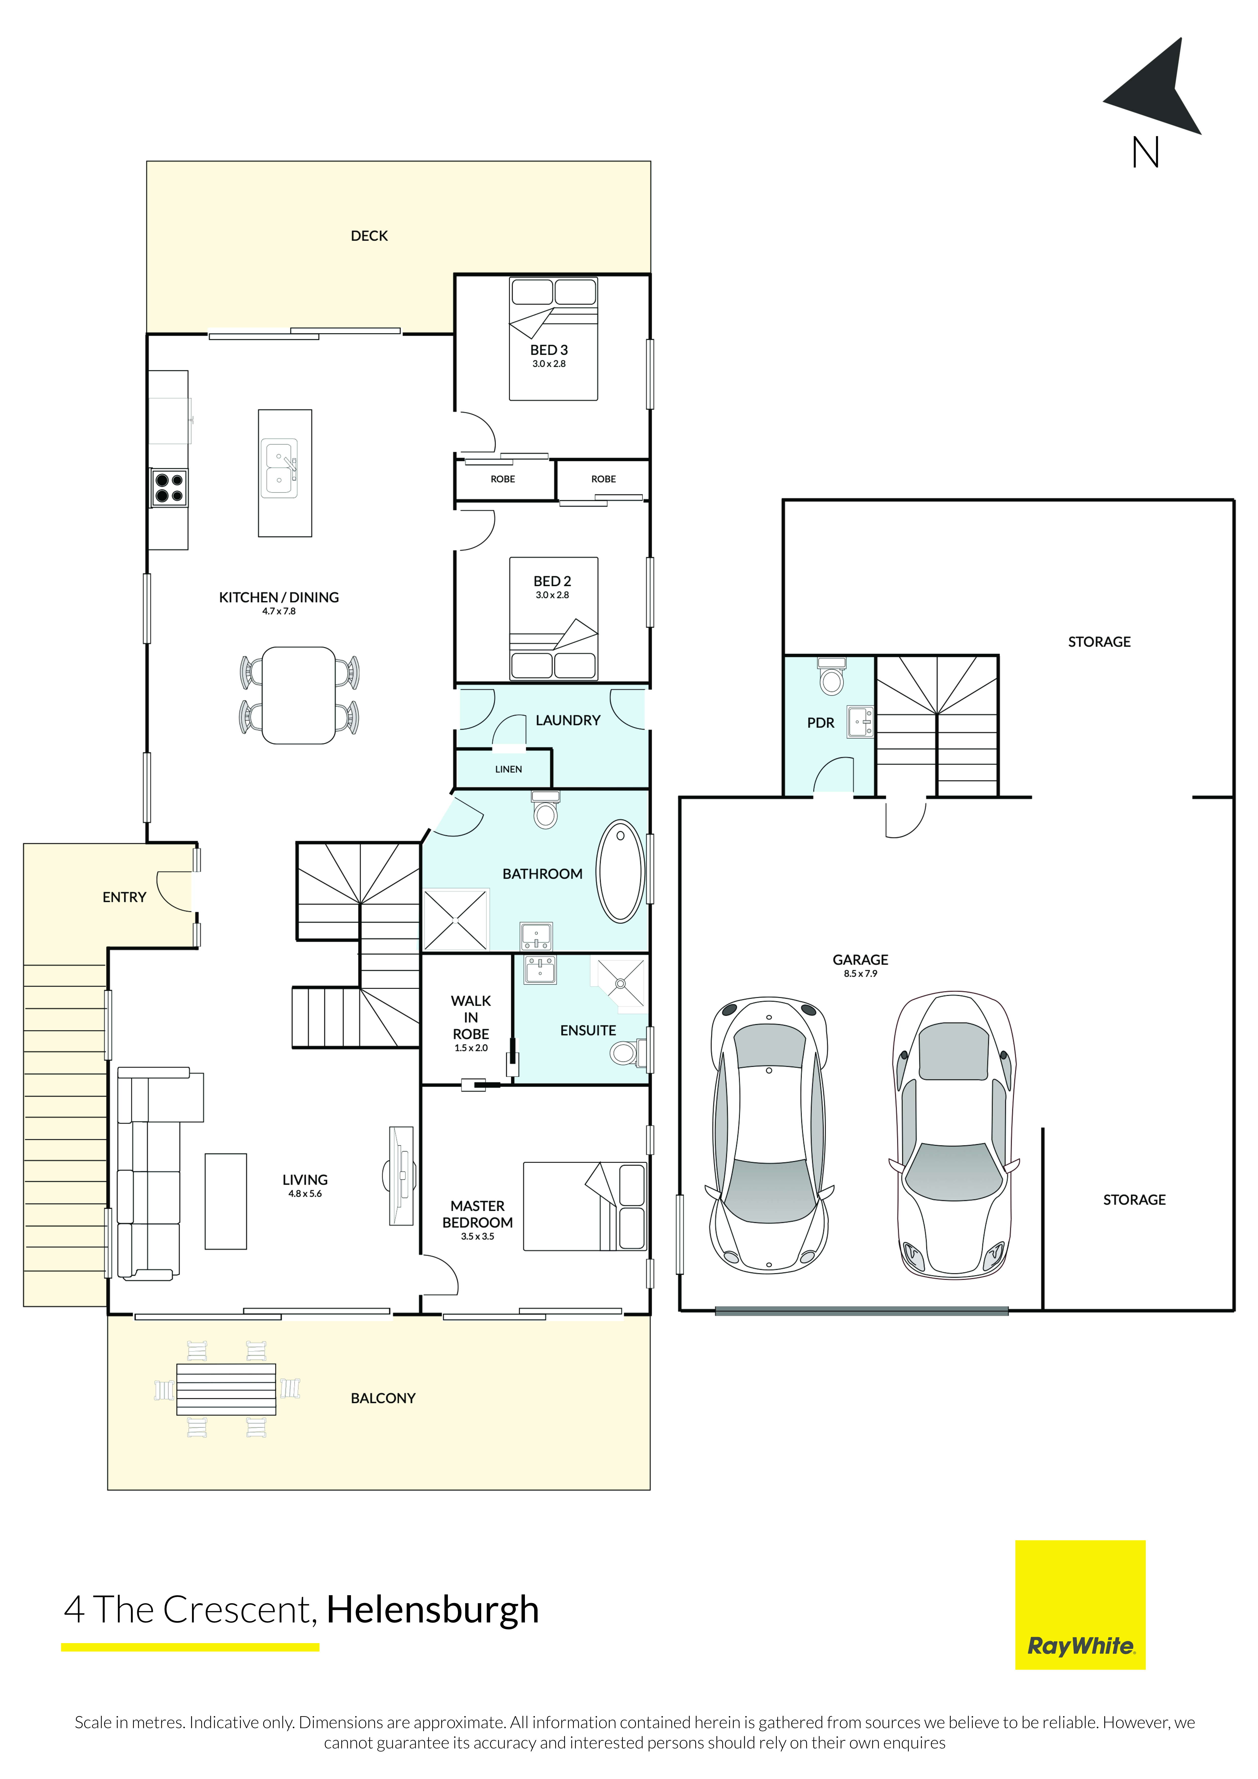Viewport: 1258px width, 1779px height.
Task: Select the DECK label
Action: click(369, 236)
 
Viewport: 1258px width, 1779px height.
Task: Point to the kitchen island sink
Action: click(280, 469)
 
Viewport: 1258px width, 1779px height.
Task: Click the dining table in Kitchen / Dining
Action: click(298, 695)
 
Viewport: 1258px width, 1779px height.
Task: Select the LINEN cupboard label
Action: click(508, 769)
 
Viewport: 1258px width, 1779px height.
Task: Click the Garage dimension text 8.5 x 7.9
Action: click(860, 974)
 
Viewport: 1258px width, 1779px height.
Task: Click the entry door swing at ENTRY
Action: click(174, 891)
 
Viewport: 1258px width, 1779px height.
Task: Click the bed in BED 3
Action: click(553, 339)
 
